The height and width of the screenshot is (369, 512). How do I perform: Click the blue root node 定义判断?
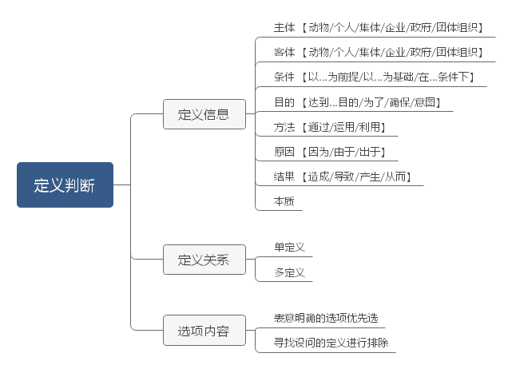pyautogui.click(x=65, y=185)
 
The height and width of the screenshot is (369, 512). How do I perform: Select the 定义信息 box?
pyautogui.click(x=204, y=114)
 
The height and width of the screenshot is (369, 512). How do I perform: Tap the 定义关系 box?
pyautogui.click(x=204, y=260)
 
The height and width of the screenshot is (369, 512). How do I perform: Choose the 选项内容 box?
pyautogui.click(x=204, y=330)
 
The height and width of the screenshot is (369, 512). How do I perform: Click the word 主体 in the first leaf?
pyautogui.click(x=284, y=27)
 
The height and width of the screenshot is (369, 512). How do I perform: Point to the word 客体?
pyautogui.click(x=284, y=52)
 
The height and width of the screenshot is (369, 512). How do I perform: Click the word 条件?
pyautogui.click(x=284, y=77)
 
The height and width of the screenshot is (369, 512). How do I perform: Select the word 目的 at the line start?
pyautogui.click(x=284, y=102)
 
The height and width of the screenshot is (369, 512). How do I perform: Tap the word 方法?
pyautogui.click(x=284, y=127)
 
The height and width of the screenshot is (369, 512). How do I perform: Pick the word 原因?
pyautogui.click(x=284, y=152)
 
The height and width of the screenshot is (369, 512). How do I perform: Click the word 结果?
pyautogui.click(x=284, y=177)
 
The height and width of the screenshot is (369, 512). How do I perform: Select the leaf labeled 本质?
pyautogui.click(x=284, y=201)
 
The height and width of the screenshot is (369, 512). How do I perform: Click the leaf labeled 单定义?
pyautogui.click(x=290, y=248)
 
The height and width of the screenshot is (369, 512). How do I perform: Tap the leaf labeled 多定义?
pyautogui.click(x=290, y=272)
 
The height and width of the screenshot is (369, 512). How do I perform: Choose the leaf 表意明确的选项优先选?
pyautogui.click(x=325, y=318)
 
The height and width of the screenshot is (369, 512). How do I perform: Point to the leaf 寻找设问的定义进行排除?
pyautogui.click(x=331, y=343)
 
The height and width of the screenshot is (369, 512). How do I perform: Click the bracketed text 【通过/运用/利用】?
pyautogui.click(x=348, y=127)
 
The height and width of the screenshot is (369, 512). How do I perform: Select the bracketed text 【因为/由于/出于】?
pyautogui.click(x=348, y=152)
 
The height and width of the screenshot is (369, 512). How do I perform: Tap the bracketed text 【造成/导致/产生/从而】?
pyautogui.click(x=359, y=177)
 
